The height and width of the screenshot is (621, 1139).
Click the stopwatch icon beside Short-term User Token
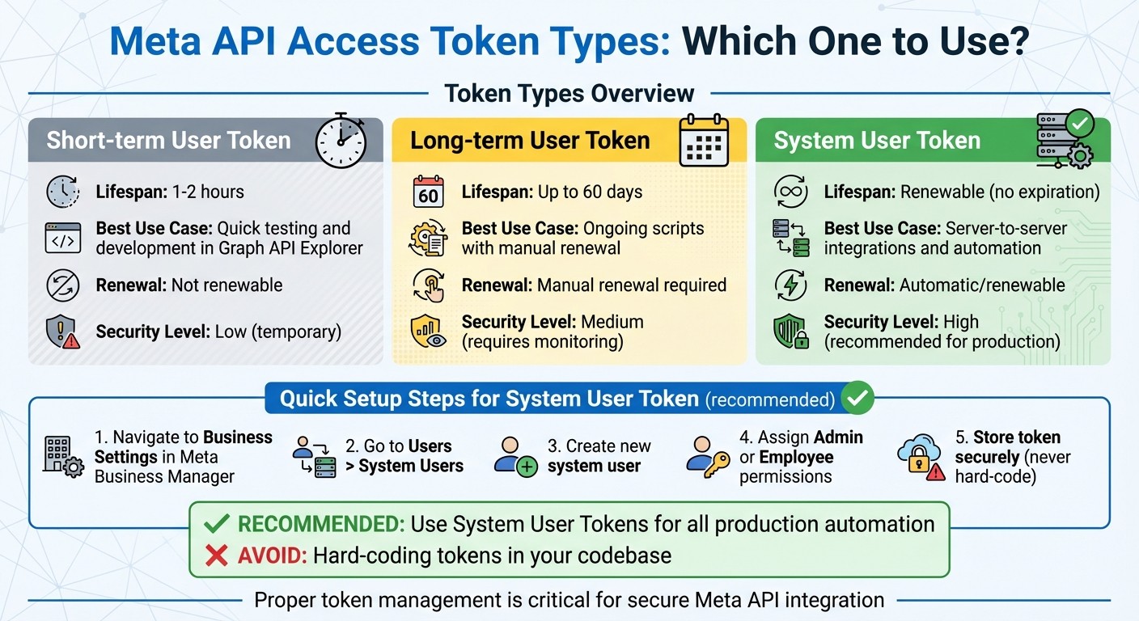pos(341,141)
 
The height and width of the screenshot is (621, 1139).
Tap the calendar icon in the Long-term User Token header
pos(703,141)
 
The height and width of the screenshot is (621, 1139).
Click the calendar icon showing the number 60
pos(428,192)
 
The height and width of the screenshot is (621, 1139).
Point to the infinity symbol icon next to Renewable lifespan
pos(790,192)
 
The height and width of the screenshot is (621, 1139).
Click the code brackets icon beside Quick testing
pos(63,239)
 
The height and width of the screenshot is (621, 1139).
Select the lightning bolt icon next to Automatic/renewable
pos(790,285)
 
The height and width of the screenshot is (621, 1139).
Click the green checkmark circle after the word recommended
pos(857,398)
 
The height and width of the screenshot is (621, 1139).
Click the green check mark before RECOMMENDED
pos(216,524)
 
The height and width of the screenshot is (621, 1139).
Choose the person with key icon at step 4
pos(708,457)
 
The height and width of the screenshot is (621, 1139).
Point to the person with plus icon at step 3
pos(515,457)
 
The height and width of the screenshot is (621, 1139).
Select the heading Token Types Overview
pos(569,94)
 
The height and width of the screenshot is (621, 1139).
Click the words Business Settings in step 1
pos(184,447)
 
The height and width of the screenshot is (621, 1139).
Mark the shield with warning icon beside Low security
pos(63,332)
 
